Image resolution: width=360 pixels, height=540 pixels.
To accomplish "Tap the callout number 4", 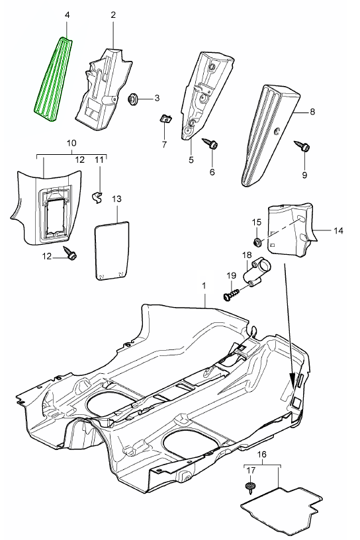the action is (67, 15).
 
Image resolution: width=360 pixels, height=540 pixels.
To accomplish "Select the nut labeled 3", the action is (133, 99).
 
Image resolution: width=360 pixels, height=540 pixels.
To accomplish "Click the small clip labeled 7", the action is (166, 119).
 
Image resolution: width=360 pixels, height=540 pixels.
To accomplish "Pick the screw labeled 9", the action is (302, 146).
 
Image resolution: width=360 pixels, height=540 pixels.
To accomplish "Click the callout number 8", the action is (312, 112).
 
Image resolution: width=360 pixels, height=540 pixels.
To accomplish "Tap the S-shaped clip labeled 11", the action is (97, 197).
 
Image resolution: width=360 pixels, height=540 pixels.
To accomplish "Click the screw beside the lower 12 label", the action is (69, 253).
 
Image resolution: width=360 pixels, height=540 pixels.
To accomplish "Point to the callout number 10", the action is (71, 143).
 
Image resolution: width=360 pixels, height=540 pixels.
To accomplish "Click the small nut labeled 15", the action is (257, 242).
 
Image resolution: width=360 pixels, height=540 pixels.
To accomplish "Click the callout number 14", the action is (338, 231).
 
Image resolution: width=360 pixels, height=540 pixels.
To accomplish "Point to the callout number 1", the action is (204, 286).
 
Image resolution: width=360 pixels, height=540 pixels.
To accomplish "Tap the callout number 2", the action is (113, 15).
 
